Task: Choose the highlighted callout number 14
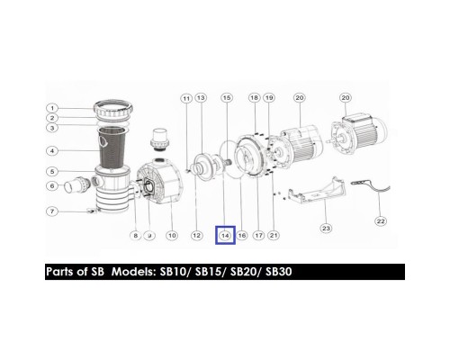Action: (x=225, y=236)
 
